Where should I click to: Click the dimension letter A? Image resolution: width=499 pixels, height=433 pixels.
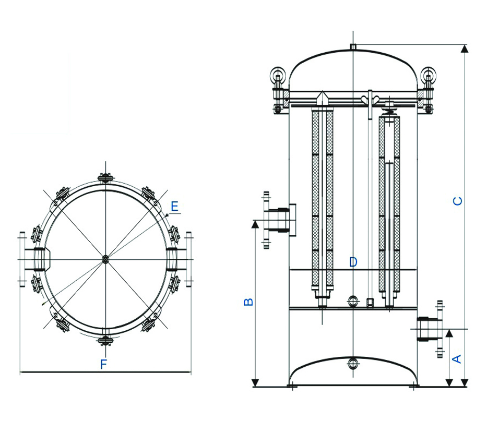(456, 359)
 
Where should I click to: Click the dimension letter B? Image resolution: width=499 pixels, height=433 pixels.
(249, 302)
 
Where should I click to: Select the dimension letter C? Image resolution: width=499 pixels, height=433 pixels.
(457, 201)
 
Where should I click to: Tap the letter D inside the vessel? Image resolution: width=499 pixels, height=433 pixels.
(353, 262)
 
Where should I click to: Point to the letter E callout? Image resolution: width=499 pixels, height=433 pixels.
(174, 206)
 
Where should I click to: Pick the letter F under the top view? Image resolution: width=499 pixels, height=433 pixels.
(104, 365)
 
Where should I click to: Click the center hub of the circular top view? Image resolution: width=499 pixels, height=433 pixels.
(105, 258)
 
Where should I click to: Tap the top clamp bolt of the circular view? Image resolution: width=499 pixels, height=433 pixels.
(105, 178)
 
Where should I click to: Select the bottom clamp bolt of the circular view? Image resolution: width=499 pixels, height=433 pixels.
(105, 341)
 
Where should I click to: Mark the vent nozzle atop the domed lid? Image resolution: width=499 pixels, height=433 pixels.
(353, 47)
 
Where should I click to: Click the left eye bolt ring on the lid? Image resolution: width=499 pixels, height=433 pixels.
(277, 74)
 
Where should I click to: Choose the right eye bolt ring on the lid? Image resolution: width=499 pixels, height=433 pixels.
(429, 74)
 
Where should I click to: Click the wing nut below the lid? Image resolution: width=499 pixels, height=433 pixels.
(371, 98)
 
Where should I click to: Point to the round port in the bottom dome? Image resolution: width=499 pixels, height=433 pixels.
(353, 363)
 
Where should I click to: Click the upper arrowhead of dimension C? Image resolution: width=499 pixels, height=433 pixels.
(465, 49)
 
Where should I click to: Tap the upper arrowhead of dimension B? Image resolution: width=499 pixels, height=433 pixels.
(255, 224)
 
